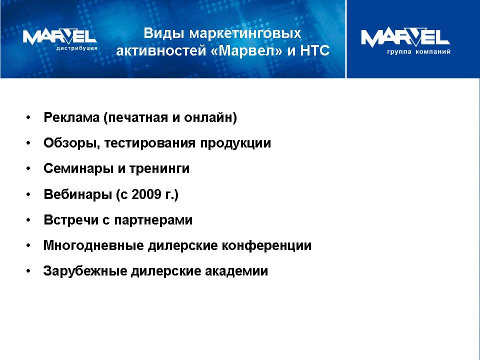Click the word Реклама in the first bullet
tap(71, 118)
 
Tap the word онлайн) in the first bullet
tap(210, 118)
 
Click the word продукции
tap(235, 143)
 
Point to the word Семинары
tap(78, 169)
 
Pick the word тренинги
tap(159, 169)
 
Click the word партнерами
tap(153, 220)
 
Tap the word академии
tap(236, 271)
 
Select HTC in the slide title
tap(315, 50)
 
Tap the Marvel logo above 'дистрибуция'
tap(59, 36)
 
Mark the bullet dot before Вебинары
tap(28, 194)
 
